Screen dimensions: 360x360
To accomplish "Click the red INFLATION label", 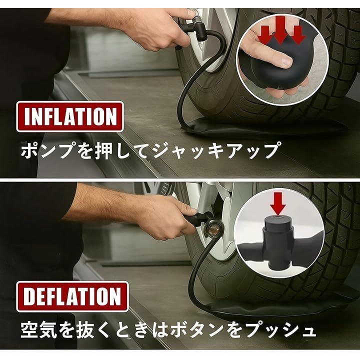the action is coord(70,116).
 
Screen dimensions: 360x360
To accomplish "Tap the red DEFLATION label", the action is coord(72,296).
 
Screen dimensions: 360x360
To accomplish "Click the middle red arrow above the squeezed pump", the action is coord(280,29).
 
